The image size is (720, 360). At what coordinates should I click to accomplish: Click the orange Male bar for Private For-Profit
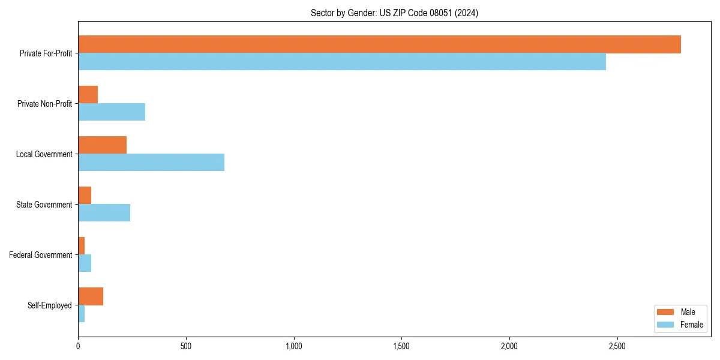tap(379, 44)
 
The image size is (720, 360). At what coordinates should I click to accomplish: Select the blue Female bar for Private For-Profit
tap(342, 62)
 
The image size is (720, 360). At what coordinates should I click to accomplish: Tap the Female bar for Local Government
tap(151, 163)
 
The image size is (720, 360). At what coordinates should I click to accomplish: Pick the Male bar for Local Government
tap(102, 145)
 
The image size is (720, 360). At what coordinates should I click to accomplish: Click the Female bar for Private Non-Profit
tap(112, 112)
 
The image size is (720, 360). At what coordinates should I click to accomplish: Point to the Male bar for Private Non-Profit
tap(88, 95)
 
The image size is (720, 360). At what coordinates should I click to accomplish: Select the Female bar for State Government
tap(104, 213)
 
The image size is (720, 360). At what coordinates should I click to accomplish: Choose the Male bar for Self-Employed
tap(91, 296)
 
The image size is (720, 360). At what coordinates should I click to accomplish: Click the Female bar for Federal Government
tap(85, 263)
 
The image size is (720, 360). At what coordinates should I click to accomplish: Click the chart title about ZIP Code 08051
tap(394, 13)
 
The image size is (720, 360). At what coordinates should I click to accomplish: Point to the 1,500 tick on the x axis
tap(401, 346)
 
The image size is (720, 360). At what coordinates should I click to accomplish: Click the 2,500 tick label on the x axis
tap(617, 346)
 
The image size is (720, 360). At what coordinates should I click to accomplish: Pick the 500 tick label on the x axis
tap(186, 346)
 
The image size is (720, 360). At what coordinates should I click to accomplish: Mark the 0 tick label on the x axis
tap(78, 346)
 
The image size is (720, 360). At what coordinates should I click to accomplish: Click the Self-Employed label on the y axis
tap(50, 305)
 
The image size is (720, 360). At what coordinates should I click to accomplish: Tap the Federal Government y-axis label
tap(41, 255)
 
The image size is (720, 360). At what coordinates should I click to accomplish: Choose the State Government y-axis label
tap(44, 205)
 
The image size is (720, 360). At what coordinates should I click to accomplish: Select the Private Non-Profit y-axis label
tap(44, 104)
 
